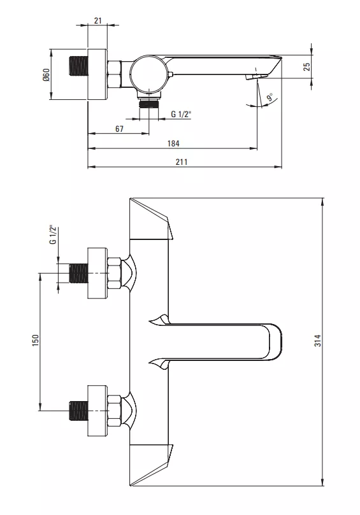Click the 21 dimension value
[98, 20]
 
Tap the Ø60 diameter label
[45, 75]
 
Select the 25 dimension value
[306, 67]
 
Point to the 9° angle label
[270, 97]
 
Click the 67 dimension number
[119, 129]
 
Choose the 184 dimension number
[173, 143]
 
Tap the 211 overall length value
[182, 162]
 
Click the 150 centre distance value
[36, 341]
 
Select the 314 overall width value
[317, 341]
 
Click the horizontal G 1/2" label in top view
[181, 114]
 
